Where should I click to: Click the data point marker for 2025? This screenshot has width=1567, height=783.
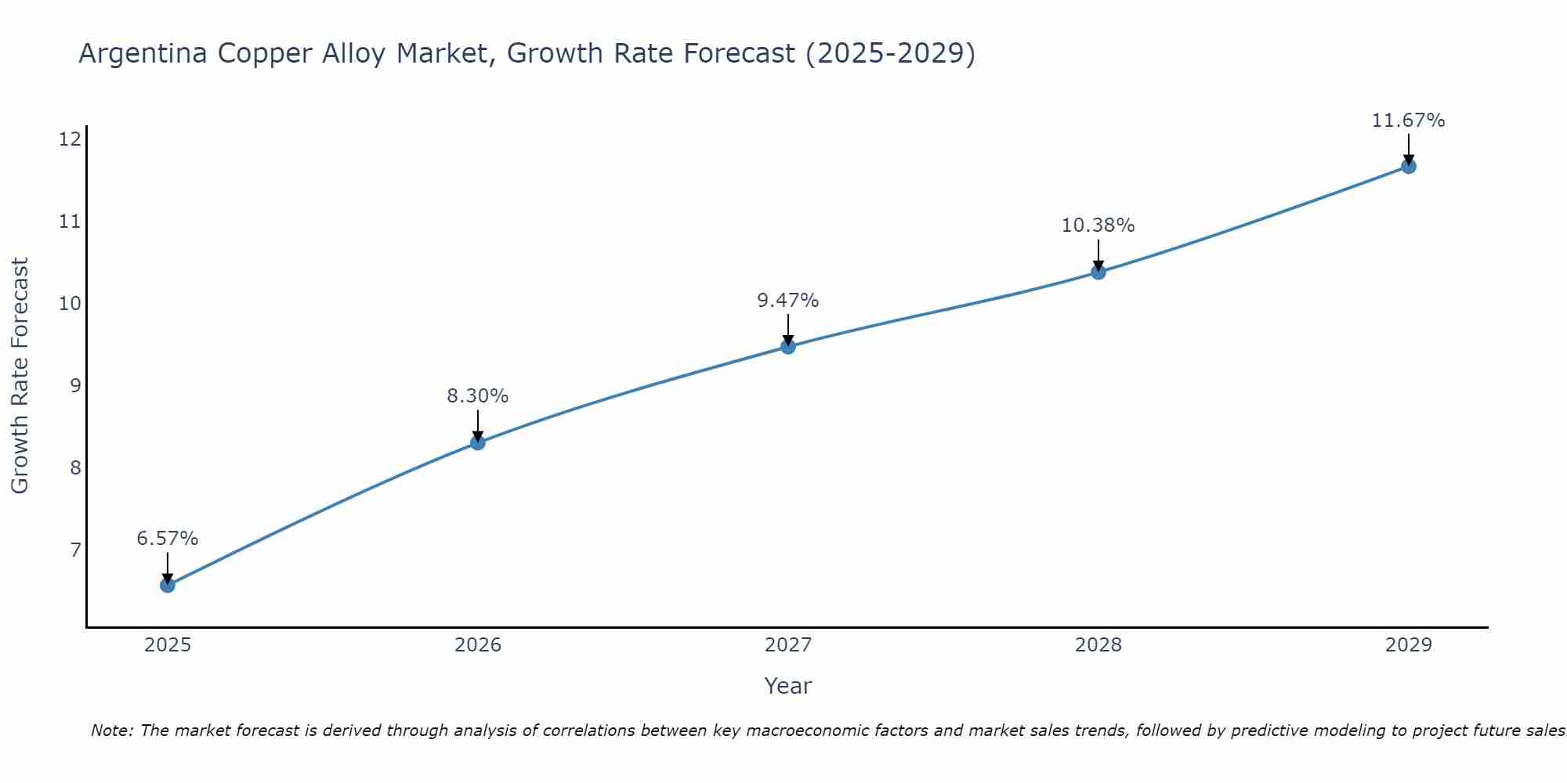coord(168,585)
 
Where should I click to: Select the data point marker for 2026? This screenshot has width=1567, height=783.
coord(478,442)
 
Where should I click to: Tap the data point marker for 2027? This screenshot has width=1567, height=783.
coord(788,346)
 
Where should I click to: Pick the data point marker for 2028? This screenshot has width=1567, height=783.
coord(1098,272)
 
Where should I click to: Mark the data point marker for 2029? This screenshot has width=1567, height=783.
coord(1409,166)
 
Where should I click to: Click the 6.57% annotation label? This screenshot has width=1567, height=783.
coord(168,539)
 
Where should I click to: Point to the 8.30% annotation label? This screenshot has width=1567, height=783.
coord(478,396)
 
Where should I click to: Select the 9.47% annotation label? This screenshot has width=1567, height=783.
coord(788,300)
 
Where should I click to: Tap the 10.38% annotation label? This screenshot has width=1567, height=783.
coord(1098,226)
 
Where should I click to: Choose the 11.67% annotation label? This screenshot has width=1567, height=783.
coord(1409,121)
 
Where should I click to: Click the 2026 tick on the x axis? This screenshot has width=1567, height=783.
coord(478,645)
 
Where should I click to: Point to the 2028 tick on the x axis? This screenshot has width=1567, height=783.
coord(1098,645)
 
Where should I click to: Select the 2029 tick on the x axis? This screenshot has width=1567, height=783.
coord(1409,645)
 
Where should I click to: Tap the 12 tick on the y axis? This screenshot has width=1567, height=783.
coord(71,139)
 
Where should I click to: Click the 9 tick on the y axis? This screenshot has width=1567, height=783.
coord(75,385)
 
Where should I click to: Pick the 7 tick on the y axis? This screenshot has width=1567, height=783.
coord(75,550)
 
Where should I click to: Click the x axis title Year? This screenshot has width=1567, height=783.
coord(788,686)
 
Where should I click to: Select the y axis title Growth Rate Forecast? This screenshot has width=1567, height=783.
coord(20,376)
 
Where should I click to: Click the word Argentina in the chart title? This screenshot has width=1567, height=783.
coord(144,54)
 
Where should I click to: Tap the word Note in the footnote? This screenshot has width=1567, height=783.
coord(112,731)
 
